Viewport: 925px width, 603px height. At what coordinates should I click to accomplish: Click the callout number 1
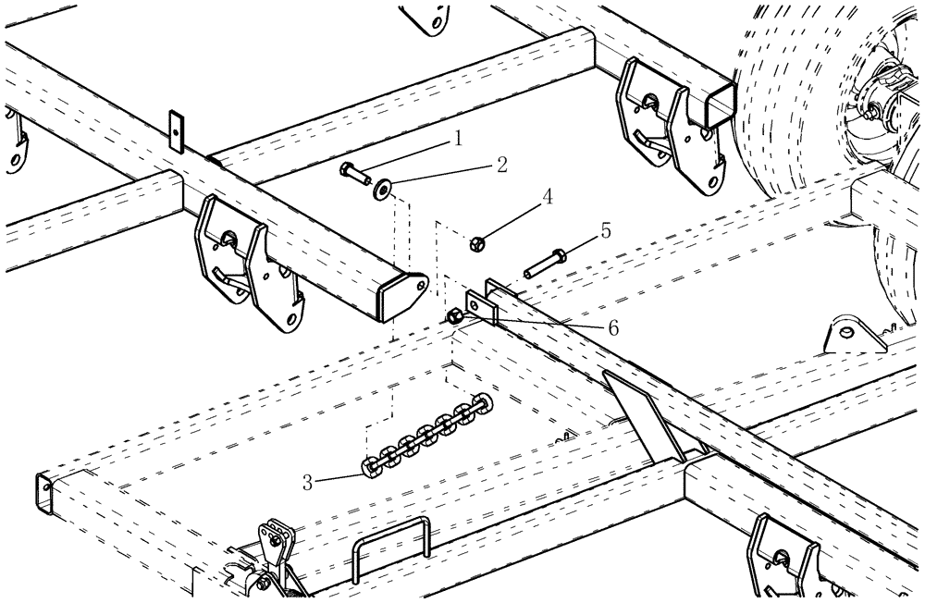[456, 139]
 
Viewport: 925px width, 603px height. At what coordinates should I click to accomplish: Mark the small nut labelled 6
[454, 317]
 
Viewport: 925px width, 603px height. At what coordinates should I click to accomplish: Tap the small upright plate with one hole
[177, 130]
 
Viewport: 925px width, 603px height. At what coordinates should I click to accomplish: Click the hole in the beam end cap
[420, 288]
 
